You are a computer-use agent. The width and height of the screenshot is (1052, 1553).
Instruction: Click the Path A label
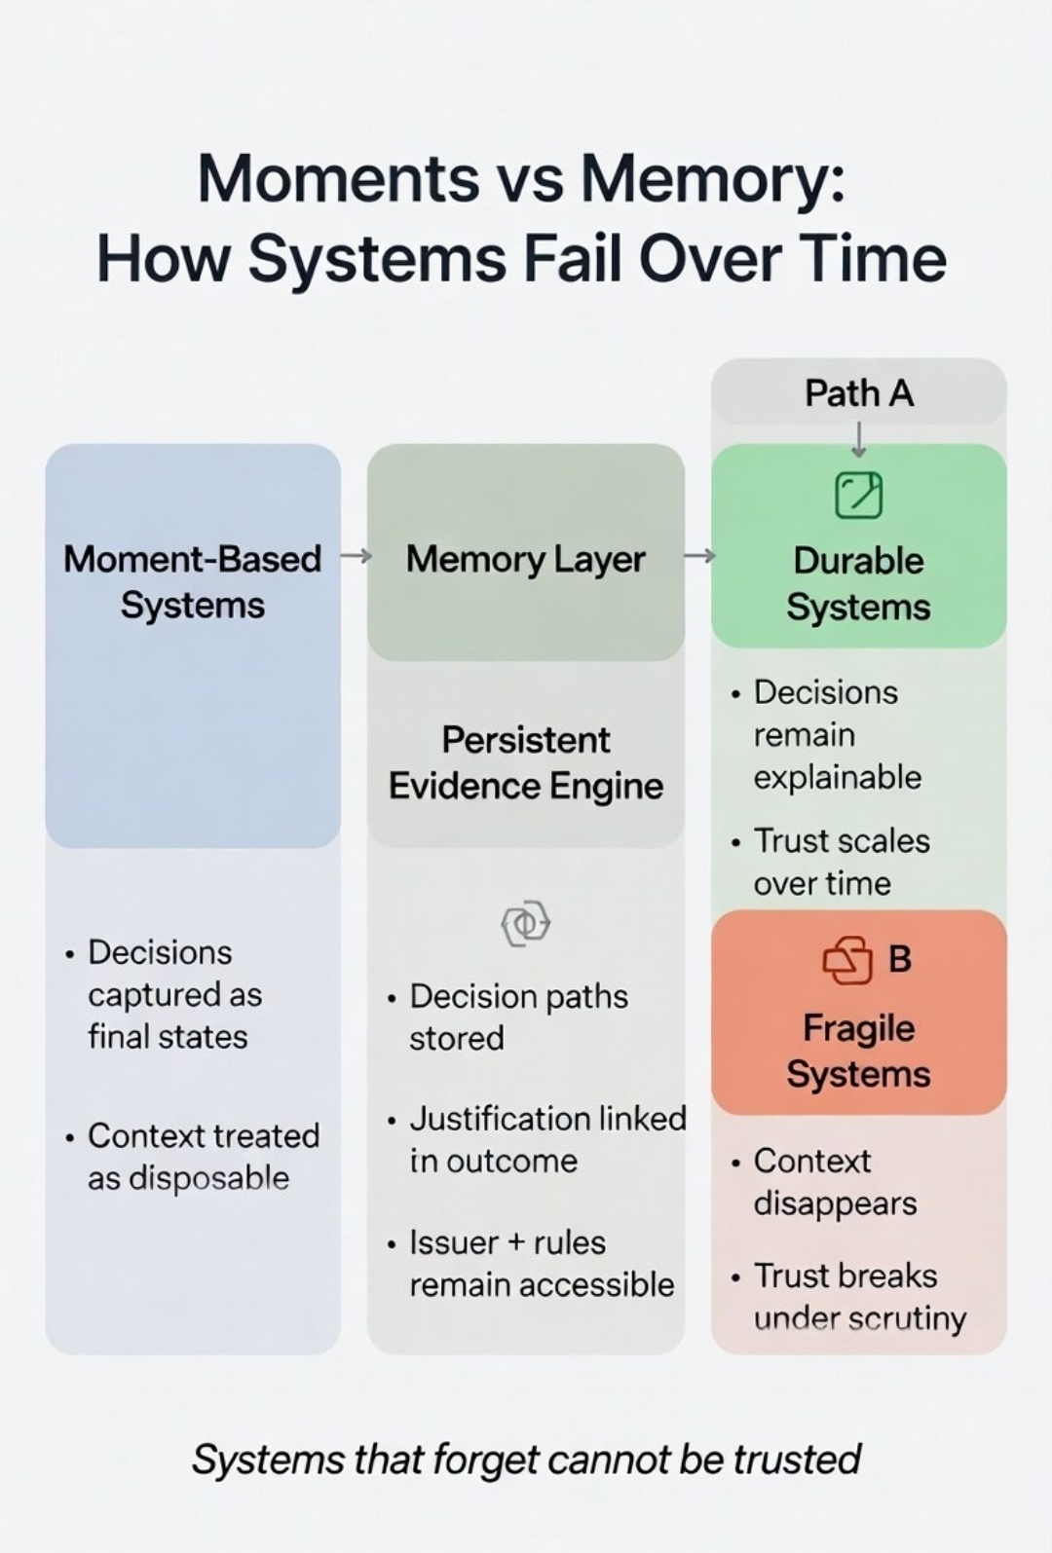tap(858, 393)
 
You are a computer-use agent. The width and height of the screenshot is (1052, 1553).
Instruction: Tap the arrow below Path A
tap(858, 439)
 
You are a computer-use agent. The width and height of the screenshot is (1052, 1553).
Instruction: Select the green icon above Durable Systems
tap(858, 495)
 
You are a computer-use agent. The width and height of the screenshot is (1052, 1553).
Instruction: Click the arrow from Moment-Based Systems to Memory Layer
tap(356, 556)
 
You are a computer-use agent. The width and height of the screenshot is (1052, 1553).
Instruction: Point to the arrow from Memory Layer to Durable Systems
tap(699, 555)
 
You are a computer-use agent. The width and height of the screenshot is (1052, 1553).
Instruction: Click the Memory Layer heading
tap(525, 559)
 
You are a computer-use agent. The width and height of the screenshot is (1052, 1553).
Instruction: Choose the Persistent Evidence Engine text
tap(525, 762)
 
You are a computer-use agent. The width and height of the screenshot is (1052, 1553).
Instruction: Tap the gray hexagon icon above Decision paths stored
tap(525, 923)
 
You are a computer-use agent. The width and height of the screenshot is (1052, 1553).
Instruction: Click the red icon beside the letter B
tap(847, 960)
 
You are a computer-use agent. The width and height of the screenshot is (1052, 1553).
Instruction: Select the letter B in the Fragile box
tap(900, 959)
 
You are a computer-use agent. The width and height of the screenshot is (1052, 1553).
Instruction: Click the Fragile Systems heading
tap(858, 1051)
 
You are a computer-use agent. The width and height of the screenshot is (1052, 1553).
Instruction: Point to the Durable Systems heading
tap(858, 583)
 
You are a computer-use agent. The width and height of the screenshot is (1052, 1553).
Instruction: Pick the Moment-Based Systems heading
tap(192, 581)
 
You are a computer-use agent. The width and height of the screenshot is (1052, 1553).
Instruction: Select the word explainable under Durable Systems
tap(837, 777)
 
